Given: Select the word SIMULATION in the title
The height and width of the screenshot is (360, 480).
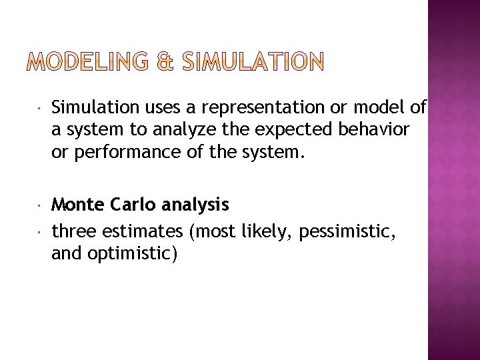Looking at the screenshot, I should tap(251, 63).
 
